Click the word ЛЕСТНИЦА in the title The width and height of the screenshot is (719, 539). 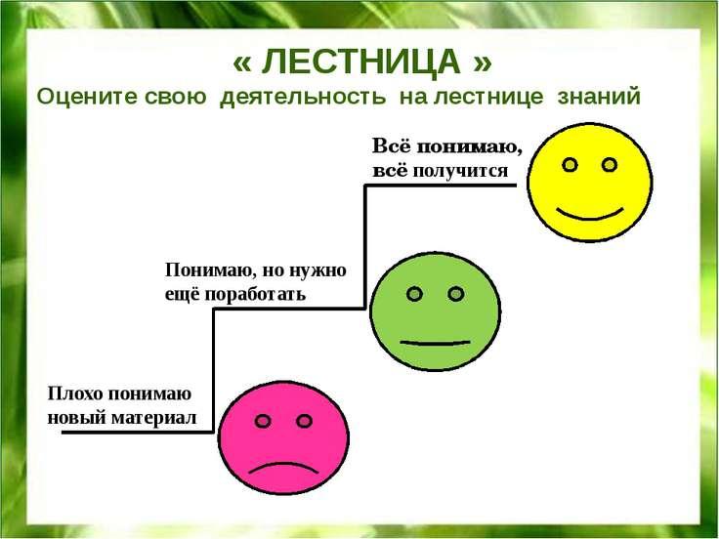[360, 62]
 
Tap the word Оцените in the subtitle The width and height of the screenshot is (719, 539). [86, 97]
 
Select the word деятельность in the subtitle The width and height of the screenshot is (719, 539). [303, 98]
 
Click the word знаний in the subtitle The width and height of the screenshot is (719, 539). [599, 97]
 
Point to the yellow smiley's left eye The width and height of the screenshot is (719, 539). [570, 165]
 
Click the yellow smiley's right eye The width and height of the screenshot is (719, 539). [609, 165]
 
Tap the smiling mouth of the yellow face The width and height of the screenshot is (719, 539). [590, 215]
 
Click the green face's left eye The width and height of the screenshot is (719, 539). [414, 294]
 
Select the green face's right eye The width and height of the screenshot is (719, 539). [456, 294]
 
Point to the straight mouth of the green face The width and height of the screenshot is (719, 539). [435, 343]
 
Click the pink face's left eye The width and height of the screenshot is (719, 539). [263, 421]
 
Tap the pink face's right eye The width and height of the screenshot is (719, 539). [304, 421]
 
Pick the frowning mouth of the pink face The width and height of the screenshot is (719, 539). [283, 469]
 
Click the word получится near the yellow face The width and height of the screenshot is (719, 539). [460, 171]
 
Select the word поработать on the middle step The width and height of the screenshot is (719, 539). [255, 294]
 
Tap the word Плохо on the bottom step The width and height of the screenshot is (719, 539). [75, 394]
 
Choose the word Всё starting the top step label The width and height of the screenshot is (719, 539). [389, 146]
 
